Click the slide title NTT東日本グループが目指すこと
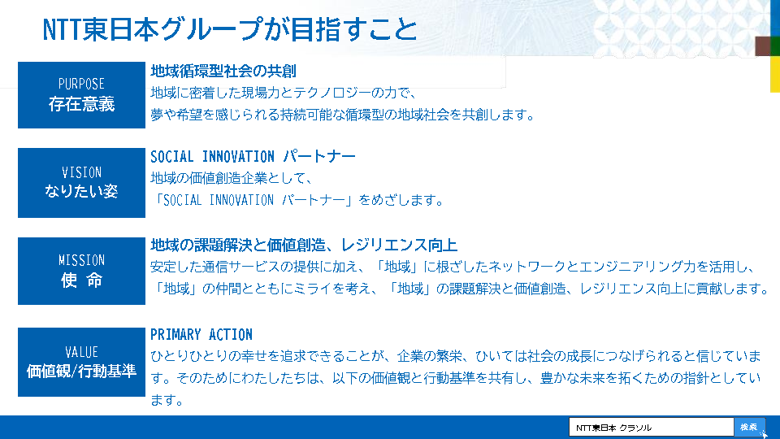click(230, 29)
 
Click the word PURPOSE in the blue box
click(81, 84)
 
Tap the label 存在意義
click(81, 104)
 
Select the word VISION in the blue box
click(81, 172)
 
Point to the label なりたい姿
click(81, 191)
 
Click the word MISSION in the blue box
click(81, 260)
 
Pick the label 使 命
click(81, 280)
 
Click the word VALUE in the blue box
click(81, 352)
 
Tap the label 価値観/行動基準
click(81, 371)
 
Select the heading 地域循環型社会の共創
click(223, 72)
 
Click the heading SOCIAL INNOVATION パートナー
click(253, 157)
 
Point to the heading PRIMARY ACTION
click(201, 334)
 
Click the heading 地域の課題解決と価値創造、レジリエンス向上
click(304, 245)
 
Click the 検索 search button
click(749, 427)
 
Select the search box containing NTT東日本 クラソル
click(651, 427)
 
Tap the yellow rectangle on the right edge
click(775, 74)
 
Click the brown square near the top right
click(763, 46)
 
